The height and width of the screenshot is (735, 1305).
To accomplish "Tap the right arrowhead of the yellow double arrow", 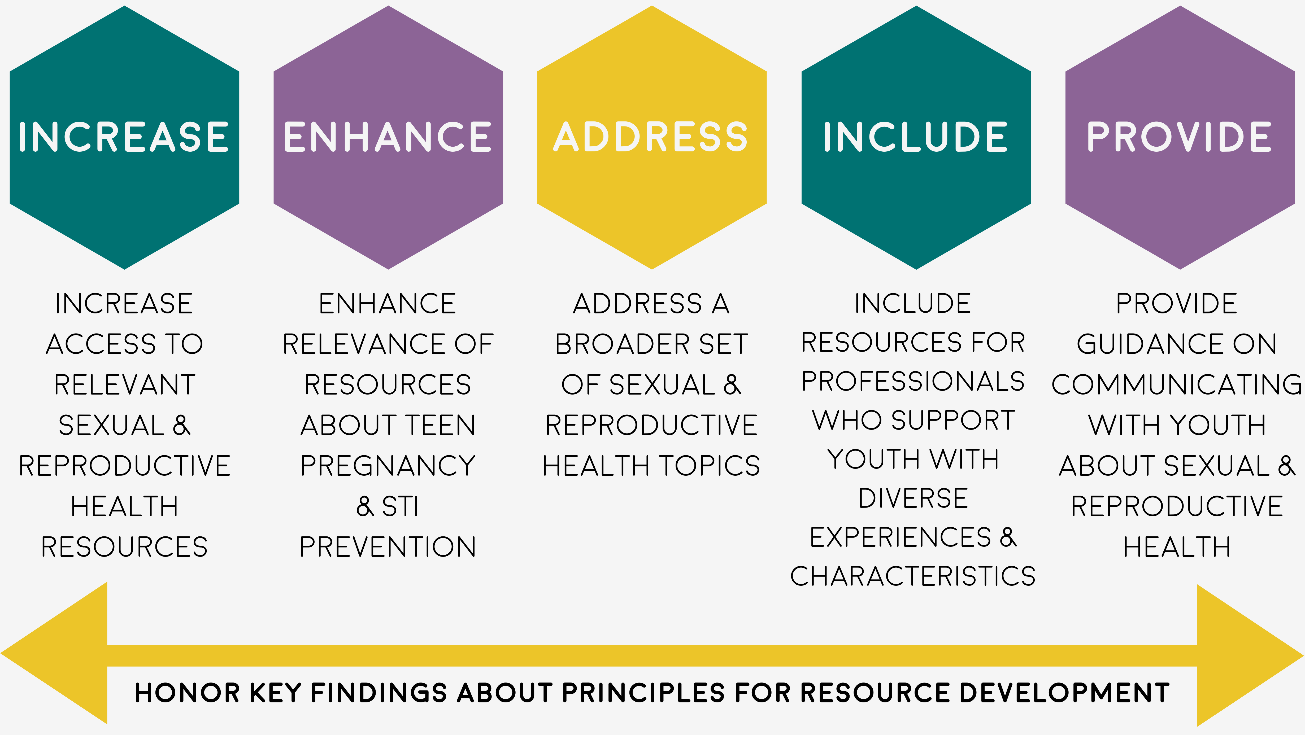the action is [1250, 655].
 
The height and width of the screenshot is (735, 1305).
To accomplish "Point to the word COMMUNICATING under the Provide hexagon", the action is [1176, 384].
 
